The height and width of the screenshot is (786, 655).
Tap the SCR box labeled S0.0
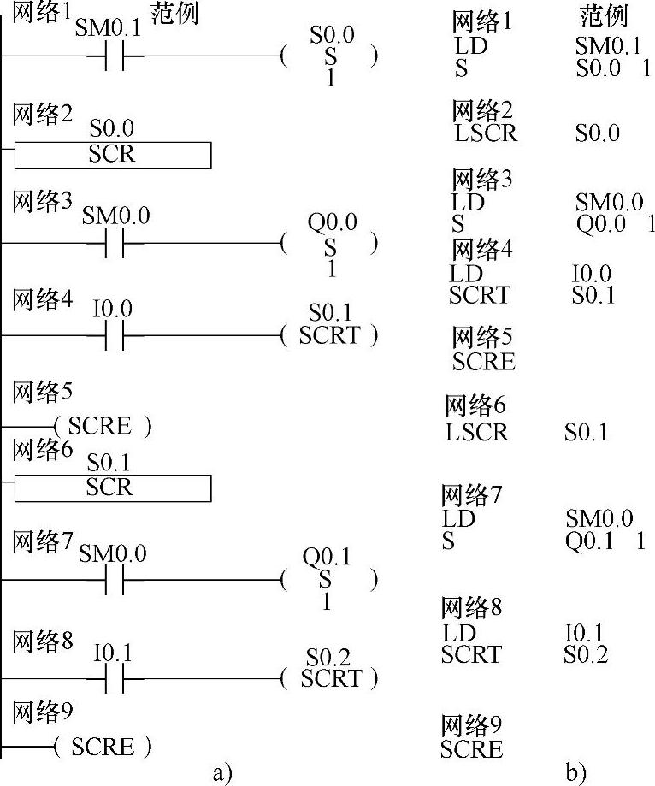coord(112,155)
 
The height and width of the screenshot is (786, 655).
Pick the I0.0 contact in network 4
coord(115,334)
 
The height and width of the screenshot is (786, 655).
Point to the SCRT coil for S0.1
coord(329,334)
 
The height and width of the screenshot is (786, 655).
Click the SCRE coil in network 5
coord(102,425)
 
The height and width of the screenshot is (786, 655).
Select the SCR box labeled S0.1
coord(112,488)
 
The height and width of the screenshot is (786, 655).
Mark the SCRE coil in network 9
coord(102,748)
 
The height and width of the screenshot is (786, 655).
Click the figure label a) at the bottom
coord(221,773)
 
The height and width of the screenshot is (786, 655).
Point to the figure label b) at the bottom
coord(575,773)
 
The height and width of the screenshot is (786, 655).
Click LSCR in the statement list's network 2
coord(486,133)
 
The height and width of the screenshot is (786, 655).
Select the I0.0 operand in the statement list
coord(592,274)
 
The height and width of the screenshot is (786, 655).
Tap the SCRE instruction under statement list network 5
coord(484,362)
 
